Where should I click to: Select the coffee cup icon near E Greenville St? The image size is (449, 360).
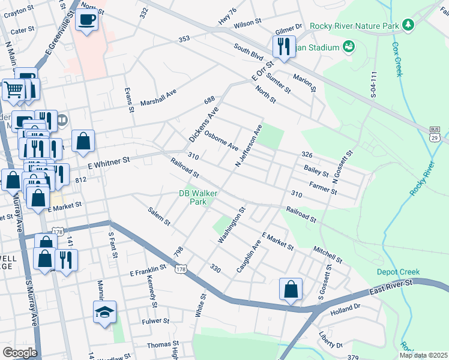click(x=87, y=19)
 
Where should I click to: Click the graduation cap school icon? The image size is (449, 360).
click(x=104, y=312)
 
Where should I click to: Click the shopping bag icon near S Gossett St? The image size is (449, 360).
click(x=291, y=289)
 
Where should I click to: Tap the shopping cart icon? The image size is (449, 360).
click(x=13, y=90)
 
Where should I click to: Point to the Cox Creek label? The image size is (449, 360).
click(x=396, y=59)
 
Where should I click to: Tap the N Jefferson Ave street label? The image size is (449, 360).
click(x=249, y=146)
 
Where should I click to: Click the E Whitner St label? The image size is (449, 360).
click(x=109, y=161)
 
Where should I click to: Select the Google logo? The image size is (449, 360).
click(x=20, y=352)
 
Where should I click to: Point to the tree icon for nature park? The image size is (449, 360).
click(x=408, y=25)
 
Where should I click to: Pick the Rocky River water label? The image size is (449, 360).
click(x=421, y=178)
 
